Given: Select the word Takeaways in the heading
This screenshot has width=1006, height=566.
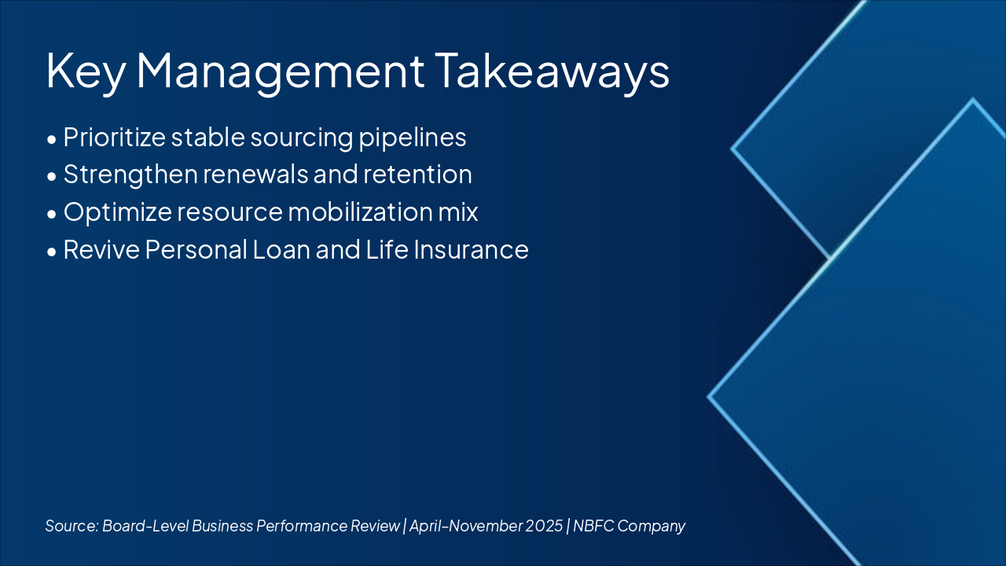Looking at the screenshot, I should coord(553,71).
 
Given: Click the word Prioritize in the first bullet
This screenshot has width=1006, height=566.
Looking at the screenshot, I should coord(115,138).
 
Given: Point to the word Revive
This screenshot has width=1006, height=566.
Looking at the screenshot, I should coord(101,250).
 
